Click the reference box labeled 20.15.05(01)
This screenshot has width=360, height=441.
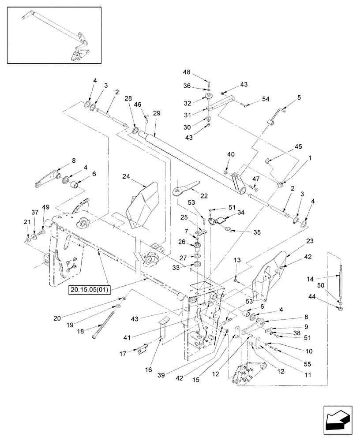90,289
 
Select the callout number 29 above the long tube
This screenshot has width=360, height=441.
157,114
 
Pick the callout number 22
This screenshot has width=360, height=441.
203,196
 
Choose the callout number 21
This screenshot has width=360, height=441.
27,221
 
